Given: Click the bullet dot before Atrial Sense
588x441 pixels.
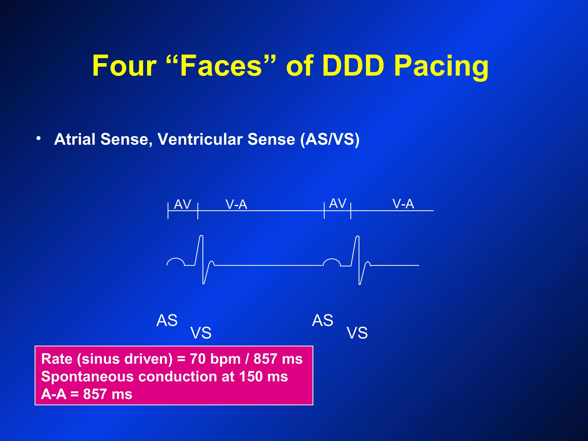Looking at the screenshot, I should coord(38,139).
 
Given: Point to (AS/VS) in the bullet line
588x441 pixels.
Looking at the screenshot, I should coord(330,139).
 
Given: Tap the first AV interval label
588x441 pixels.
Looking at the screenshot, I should coord(183,204).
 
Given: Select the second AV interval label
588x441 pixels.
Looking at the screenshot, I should coord(338,204).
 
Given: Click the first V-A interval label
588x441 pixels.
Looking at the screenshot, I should coord(236,204).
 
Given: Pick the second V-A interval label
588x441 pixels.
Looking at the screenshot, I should coord(403,204).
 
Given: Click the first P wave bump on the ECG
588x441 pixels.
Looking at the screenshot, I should coord(176,261).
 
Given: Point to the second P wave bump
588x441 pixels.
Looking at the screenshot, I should coord(332,261).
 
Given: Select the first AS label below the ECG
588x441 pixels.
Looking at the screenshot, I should coord(167,320).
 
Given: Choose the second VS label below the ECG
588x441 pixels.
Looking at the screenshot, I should coord(357,333).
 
